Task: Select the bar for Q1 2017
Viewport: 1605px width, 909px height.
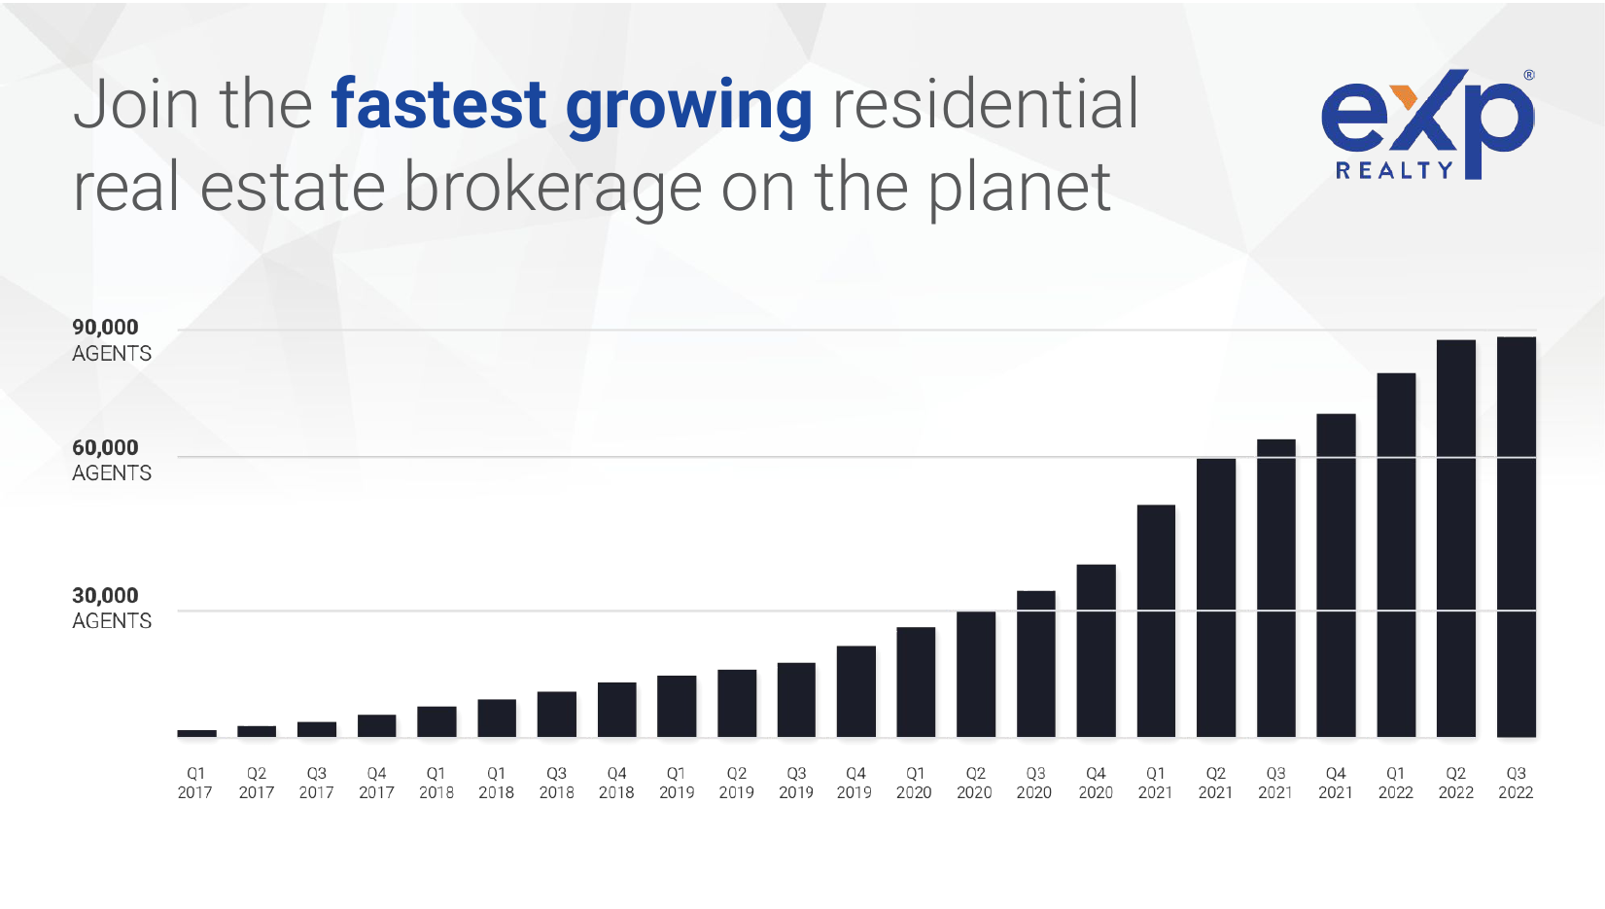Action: [x=196, y=733]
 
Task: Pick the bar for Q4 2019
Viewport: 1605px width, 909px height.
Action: [x=855, y=691]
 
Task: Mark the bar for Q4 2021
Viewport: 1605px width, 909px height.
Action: [x=1336, y=576]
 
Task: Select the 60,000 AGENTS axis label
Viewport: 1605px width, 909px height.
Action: [x=111, y=460]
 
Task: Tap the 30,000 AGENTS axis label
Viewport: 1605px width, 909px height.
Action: [x=111, y=608]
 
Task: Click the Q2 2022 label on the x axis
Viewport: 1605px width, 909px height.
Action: [x=1455, y=783]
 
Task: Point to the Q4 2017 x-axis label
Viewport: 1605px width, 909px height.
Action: [x=376, y=783]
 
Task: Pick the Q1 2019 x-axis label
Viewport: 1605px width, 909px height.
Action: [x=677, y=783]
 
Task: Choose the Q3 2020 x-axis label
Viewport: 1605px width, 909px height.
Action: [x=1034, y=783]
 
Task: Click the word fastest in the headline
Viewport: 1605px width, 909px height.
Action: [x=438, y=105]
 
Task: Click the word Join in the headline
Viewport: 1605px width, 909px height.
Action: [x=136, y=105]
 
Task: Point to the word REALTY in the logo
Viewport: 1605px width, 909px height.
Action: [x=1393, y=171]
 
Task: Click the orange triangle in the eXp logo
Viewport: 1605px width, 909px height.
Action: [x=1404, y=96]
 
